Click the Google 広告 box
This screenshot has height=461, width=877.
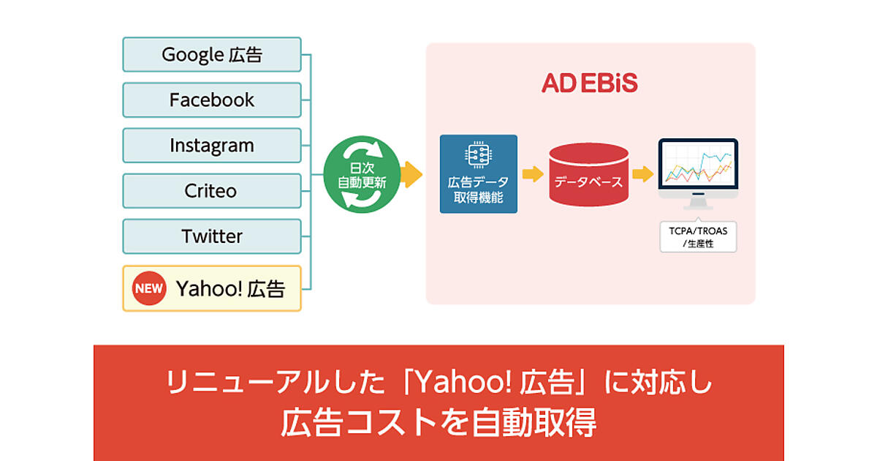click(x=212, y=55)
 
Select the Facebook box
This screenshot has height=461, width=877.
click(x=212, y=100)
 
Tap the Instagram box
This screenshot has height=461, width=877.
click(x=212, y=146)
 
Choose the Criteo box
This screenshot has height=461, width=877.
click(x=212, y=191)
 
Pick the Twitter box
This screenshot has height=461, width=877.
click(x=212, y=236)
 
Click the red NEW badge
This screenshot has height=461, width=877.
click(x=148, y=288)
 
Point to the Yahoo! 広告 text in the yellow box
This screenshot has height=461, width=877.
click(x=229, y=288)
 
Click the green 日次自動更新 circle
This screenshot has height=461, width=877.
click(x=362, y=174)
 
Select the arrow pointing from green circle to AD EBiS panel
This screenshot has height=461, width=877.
click(x=413, y=174)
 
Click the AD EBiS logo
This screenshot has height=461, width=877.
click(x=590, y=83)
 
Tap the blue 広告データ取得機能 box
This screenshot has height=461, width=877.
click(x=478, y=174)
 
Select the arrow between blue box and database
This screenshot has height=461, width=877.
click(x=533, y=174)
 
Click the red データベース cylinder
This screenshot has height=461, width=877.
click(x=588, y=174)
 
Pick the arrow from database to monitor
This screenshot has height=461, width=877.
click(x=642, y=174)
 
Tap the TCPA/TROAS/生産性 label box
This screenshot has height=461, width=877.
click(x=698, y=237)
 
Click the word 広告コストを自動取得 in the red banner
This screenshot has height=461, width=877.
click(x=438, y=422)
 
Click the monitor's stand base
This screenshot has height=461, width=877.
click(x=698, y=207)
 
